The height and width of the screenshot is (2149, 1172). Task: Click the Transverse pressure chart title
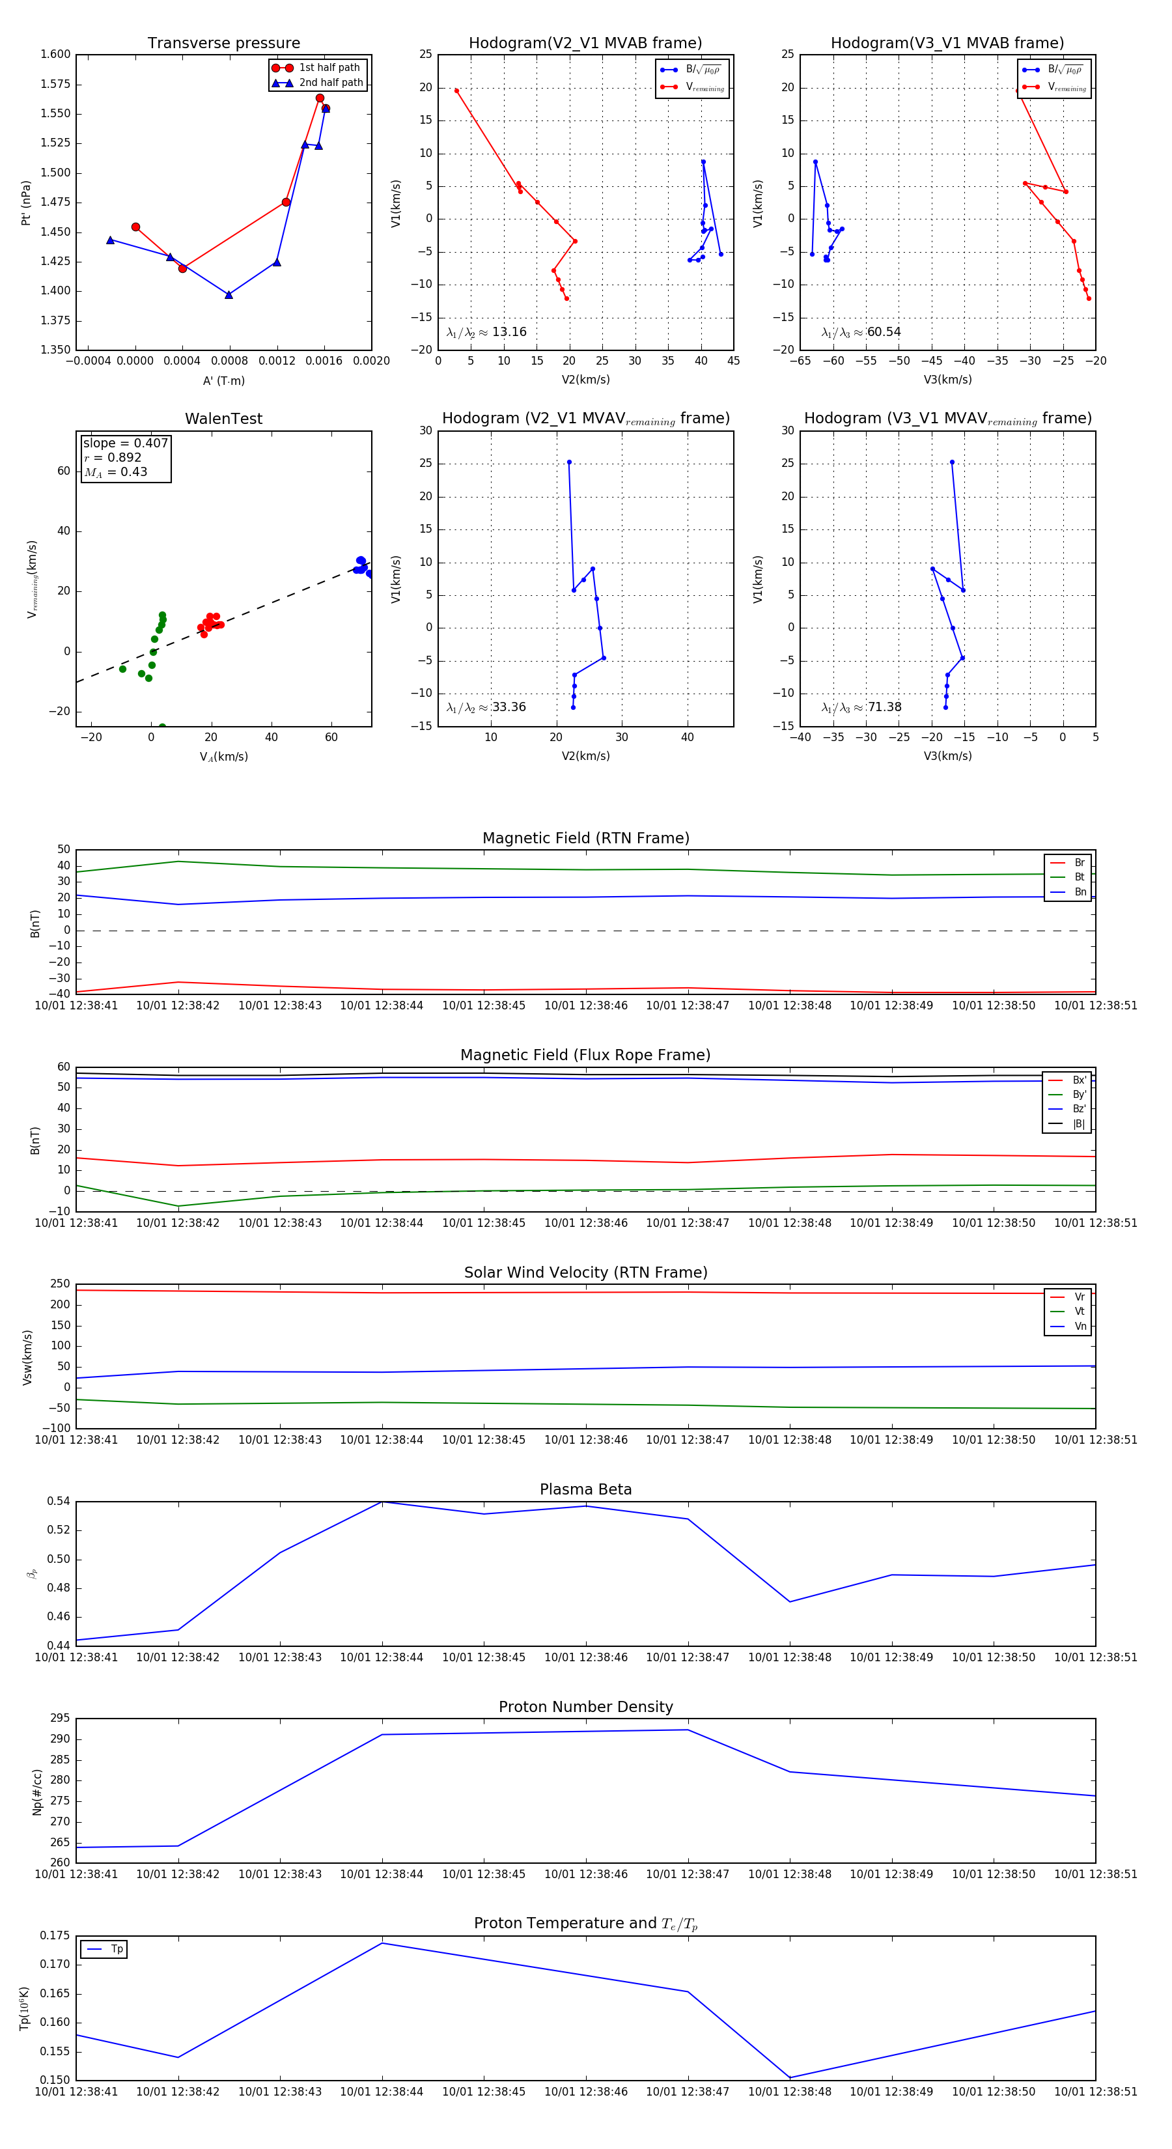point(223,44)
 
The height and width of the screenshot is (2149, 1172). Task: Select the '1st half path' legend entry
point(329,68)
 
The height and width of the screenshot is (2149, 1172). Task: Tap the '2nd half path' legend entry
point(330,83)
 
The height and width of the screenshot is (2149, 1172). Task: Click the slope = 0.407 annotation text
point(125,443)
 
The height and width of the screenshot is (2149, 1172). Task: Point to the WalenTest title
point(223,419)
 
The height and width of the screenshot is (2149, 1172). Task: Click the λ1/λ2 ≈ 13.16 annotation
point(486,332)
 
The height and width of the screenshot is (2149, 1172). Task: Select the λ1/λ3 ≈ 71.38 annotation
point(861,707)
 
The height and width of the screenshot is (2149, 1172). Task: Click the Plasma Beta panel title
point(585,1489)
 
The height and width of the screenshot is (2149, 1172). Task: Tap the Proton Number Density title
point(585,1707)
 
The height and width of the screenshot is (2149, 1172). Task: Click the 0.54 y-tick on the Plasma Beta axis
point(59,1502)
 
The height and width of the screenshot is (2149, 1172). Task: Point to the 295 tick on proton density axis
point(60,1719)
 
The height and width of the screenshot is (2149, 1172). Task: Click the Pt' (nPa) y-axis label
point(27,203)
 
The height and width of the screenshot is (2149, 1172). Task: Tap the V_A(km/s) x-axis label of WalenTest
point(223,757)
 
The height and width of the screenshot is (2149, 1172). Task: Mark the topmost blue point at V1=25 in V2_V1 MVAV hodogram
point(569,462)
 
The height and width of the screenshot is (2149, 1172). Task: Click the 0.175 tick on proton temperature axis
point(56,1935)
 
